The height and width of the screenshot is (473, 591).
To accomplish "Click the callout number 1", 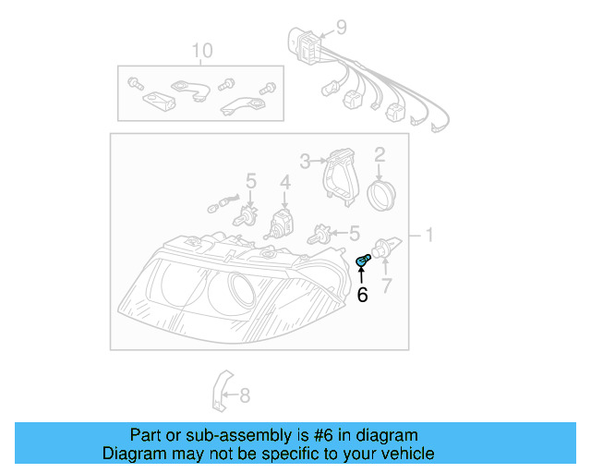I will (428, 236).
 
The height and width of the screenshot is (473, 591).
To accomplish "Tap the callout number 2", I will (380, 154).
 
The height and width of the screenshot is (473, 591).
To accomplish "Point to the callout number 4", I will (285, 182).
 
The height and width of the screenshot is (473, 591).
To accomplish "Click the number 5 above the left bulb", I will (249, 181).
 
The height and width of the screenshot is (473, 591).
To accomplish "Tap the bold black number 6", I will (362, 294).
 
